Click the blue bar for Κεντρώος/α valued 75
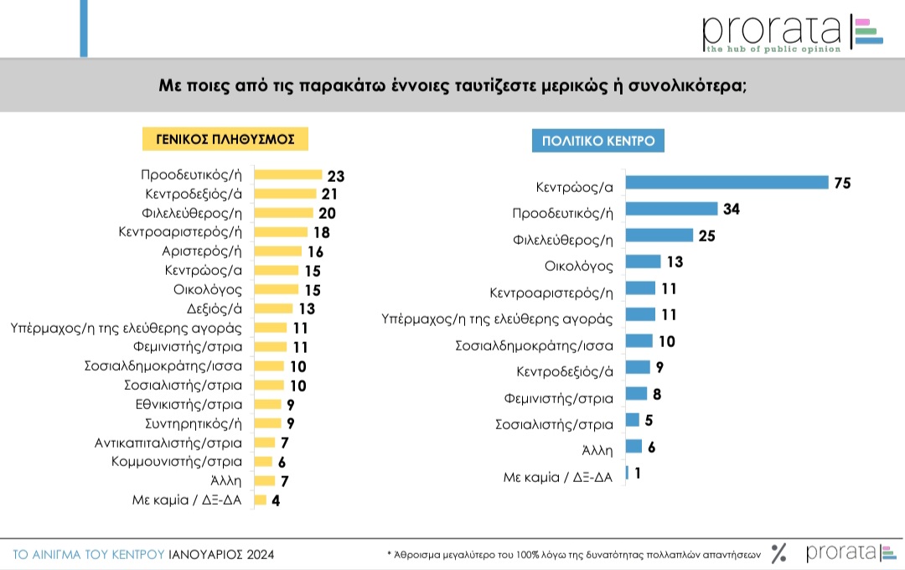[727, 183]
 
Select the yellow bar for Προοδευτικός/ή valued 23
[288, 175]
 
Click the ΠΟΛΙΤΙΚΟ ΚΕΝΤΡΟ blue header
[598, 140]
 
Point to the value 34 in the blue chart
[732, 210]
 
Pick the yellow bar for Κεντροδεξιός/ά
[285, 194]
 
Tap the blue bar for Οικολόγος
[643, 262]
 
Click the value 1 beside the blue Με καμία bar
[638, 473]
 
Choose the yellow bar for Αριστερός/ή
[277, 251]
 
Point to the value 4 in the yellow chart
[276, 500]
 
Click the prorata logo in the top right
[792, 34]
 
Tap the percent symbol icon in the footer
[779, 553]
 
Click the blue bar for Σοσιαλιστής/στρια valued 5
[633, 420]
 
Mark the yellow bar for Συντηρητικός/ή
[267, 423]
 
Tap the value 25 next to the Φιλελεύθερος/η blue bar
[706, 236]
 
